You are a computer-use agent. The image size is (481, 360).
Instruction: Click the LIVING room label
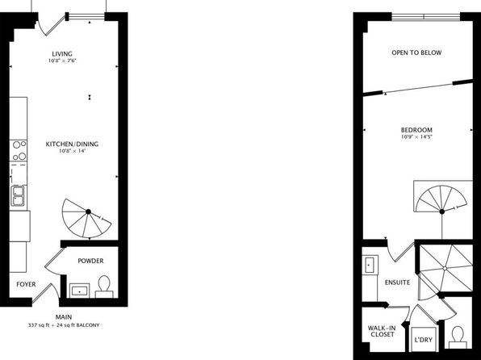(x=62, y=54)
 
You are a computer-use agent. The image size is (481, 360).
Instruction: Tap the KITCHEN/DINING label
(x=72, y=144)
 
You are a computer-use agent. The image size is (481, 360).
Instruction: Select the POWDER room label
(x=90, y=261)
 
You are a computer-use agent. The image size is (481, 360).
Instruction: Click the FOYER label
(x=26, y=284)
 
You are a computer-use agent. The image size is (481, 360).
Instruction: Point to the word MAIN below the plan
(x=64, y=317)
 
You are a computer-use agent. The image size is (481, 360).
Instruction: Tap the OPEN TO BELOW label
(x=416, y=52)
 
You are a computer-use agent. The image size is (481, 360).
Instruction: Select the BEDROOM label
(x=416, y=130)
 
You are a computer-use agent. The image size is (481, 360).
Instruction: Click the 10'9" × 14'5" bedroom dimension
(x=416, y=137)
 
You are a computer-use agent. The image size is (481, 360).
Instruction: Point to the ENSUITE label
(x=397, y=283)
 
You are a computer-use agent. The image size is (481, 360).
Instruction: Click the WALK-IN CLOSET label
(x=382, y=331)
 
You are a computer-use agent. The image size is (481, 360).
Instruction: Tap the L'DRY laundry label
(x=424, y=340)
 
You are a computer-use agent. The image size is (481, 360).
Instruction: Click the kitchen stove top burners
(x=19, y=150)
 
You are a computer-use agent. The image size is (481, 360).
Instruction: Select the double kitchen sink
(x=18, y=195)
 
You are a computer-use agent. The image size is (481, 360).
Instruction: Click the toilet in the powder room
(x=104, y=287)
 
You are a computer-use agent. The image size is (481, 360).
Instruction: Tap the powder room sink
(x=80, y=291)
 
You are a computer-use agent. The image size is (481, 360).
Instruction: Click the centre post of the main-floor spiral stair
(x=88, y=211)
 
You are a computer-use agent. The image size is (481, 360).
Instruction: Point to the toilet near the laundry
(x=458, y=337)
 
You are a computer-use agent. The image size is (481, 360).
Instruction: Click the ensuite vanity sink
(x=370, y=265)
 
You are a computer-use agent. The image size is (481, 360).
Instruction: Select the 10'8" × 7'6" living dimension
(x=62, y=61)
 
